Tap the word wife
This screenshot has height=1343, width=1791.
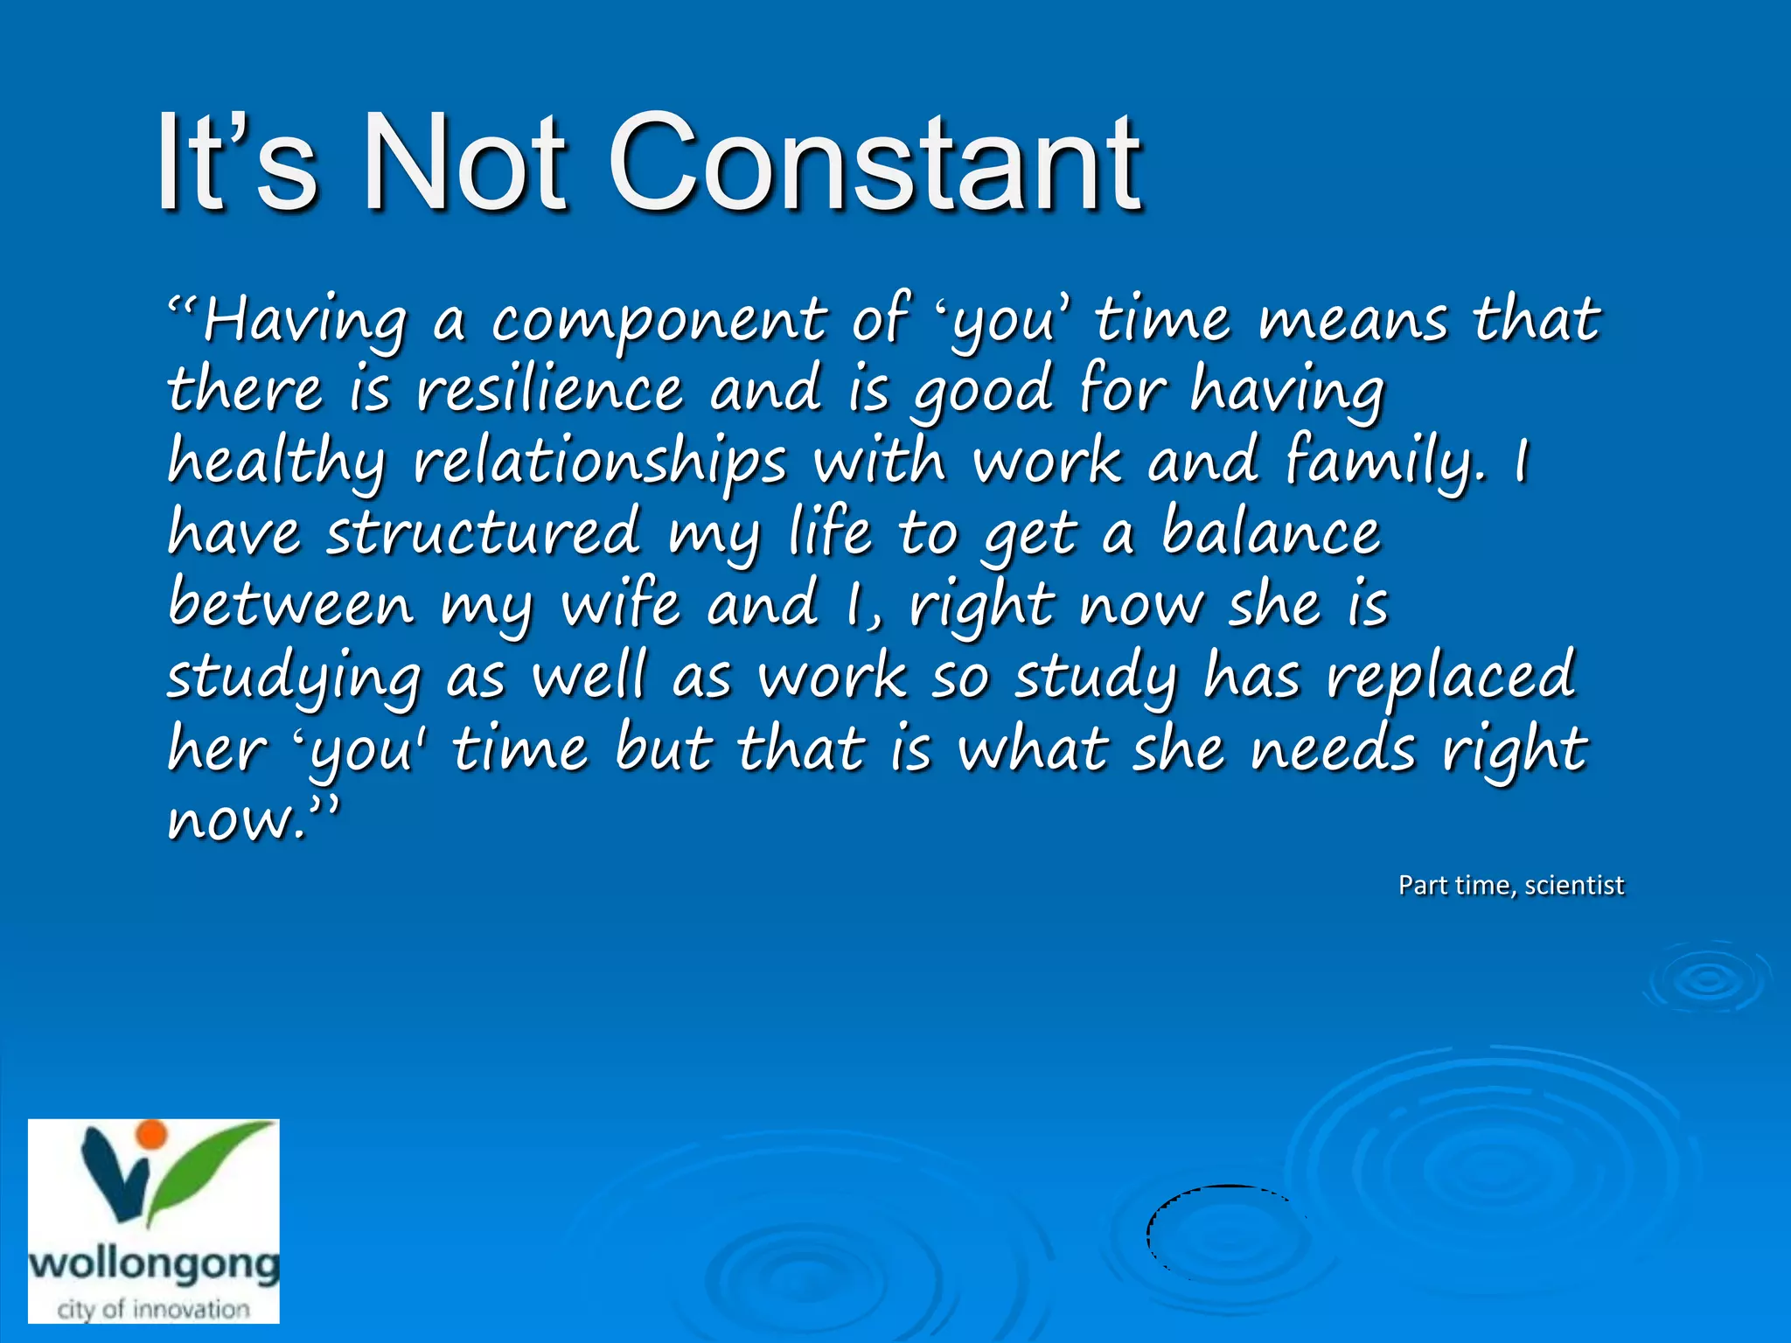click(x=620, y=604)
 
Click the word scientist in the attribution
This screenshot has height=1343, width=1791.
click(x=1574, y=885)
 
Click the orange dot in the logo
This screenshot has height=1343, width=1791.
click(x=152, y=1134)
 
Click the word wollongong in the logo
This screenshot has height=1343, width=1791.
click(x=154, y=1265)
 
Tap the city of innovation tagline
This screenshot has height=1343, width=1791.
click(x=154, y=1309)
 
